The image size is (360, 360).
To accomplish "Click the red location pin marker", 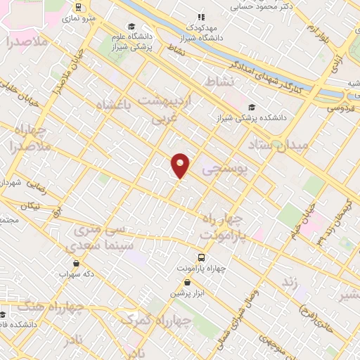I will (181, 165).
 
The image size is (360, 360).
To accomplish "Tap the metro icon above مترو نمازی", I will (77, 7).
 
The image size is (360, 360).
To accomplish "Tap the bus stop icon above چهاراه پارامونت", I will (202, 257).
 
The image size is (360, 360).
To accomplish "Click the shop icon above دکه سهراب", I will (76, 264).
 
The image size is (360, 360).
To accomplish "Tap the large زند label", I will (286, 281).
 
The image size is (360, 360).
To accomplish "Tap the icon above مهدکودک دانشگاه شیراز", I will (200, 16).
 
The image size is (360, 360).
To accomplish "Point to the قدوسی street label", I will (340, 107).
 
